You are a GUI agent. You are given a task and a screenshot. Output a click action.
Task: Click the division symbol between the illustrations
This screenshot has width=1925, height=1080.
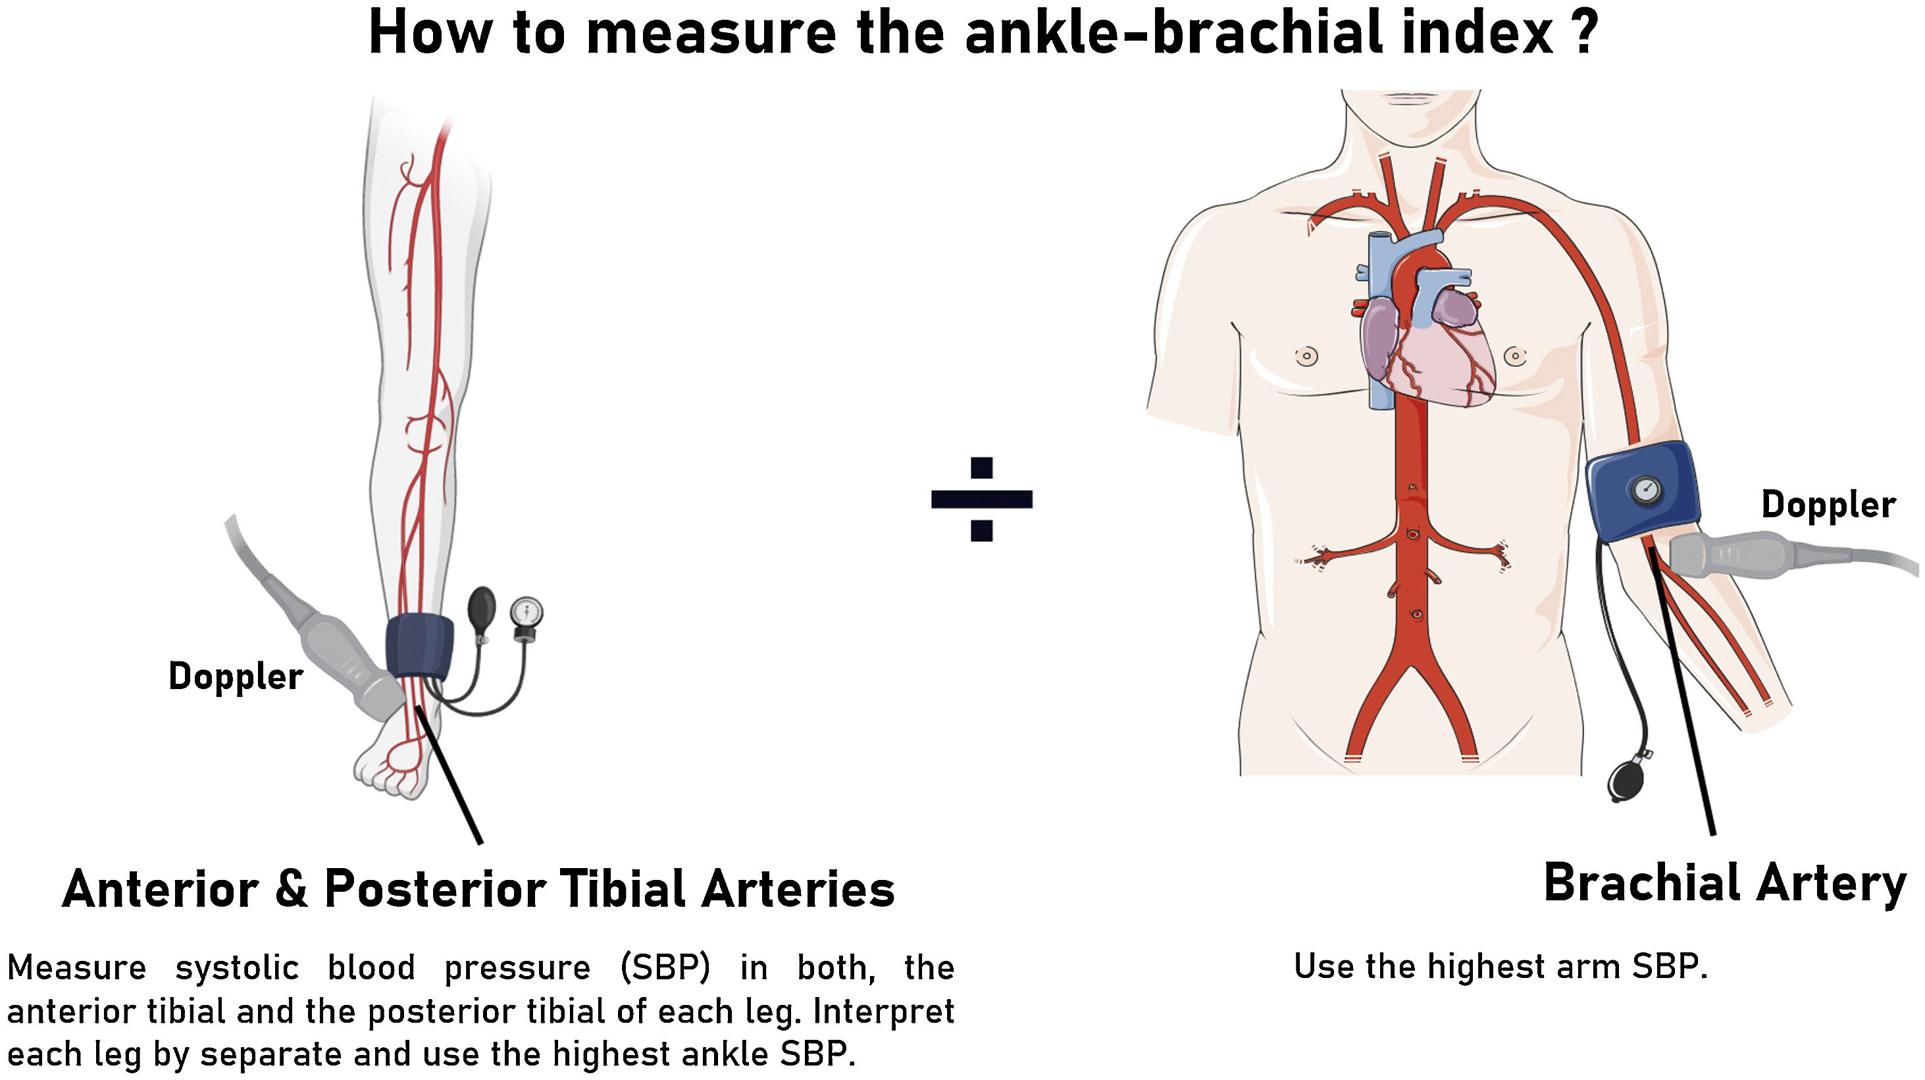[x=981, y=498]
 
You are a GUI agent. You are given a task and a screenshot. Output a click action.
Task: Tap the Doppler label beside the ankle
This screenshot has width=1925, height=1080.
[x=236, y=677]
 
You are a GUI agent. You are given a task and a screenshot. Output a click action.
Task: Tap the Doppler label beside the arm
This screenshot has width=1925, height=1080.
[x=1828, y=505]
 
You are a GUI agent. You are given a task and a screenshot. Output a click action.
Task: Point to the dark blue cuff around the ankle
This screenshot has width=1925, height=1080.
[x=419, y=646]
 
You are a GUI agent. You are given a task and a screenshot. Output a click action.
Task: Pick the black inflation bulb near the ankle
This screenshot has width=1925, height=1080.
[x=480, y=609]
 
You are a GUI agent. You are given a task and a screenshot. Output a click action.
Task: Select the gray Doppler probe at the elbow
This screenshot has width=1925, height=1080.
[x=1733, y=555]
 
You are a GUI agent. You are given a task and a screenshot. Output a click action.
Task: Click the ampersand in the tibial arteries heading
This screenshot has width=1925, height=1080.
[x=291, y=889]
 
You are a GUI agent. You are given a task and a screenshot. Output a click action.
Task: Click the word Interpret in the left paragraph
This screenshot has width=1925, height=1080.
[x=883, y=1012]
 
